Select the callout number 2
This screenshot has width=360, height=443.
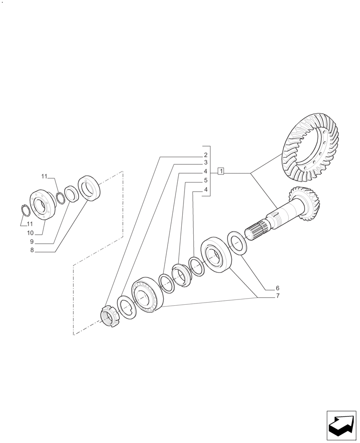pos(206,155)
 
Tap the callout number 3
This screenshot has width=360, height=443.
pos(206,163)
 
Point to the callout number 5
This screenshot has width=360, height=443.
pos(206,180)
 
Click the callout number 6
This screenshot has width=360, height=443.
pos(278,288)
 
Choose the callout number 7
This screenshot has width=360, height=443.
pos(278,296)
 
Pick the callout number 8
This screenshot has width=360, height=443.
pos(32,250)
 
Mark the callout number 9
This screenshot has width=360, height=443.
pos(32,242)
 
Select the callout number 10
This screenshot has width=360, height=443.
pos(30,233)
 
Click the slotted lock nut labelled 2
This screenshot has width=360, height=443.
pos(109,317)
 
